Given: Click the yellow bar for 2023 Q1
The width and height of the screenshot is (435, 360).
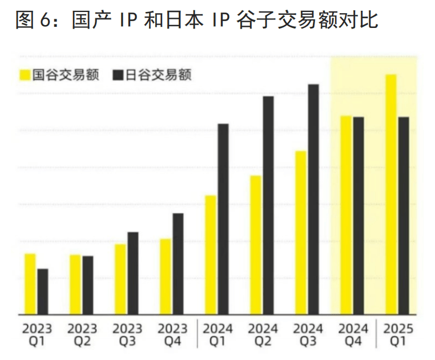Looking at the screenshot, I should (30, 284).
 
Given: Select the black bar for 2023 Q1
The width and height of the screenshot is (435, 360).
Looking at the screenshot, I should (43, 292).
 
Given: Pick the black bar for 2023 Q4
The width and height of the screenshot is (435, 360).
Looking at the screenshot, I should (178, 264).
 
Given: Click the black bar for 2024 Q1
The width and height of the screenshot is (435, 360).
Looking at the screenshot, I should (223, 219).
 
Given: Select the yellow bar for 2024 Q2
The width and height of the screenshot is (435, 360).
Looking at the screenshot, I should (256, 245).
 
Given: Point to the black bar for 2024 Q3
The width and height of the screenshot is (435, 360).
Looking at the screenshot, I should (313, 199).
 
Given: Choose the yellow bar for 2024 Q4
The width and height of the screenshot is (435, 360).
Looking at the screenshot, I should (346, 215).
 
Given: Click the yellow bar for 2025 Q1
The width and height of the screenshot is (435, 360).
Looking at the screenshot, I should (391, 195).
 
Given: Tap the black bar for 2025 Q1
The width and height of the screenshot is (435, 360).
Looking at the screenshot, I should (404, 216).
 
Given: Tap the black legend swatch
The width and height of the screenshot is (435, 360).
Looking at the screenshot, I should (118, 75).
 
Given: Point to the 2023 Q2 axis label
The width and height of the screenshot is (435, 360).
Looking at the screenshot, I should (82, 335).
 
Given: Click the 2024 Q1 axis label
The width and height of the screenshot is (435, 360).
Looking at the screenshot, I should (218, 335).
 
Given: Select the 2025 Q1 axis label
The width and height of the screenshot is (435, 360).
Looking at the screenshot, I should (398, 335).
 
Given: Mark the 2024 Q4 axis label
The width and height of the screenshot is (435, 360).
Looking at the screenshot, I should (353, 335).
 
